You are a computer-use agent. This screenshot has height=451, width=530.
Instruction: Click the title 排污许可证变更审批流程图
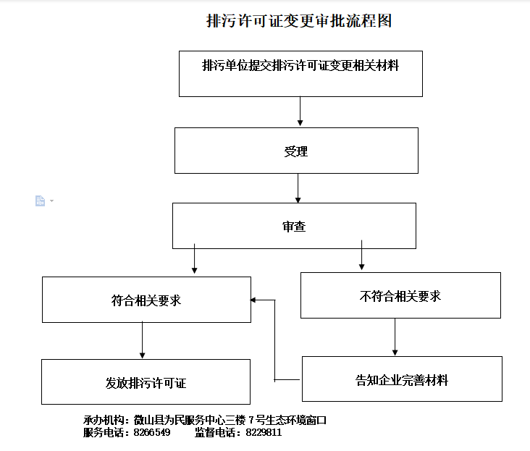[x=299, y=21]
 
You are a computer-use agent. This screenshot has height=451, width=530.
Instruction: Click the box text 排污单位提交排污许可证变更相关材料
[x=300, y=66]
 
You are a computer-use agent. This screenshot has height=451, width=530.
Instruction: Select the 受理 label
[x=296, y=151]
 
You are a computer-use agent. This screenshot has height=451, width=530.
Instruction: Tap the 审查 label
[x=294, y=227]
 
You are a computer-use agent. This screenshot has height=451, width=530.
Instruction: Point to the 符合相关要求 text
[x=146, y=300]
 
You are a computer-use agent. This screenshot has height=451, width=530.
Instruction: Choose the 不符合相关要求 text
[x=400, y=296]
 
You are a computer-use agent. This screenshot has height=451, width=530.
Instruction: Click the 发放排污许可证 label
[x=146, y=383]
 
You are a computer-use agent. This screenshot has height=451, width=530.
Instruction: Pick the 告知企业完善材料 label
[x=402, y=380]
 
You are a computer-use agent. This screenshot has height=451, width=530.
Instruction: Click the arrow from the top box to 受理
[x=300, y=111]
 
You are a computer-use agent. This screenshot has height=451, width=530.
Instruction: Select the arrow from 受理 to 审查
[x=298, y=188]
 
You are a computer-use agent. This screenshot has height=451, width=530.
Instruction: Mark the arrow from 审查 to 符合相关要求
[x=194, y=258]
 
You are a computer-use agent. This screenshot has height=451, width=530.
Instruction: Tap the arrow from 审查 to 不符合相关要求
[x=362, y=255]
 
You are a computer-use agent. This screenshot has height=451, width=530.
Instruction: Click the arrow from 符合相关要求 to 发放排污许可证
[x=143, y=340]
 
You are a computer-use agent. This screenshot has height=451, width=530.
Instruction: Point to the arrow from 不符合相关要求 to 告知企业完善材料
[x=395, y=337]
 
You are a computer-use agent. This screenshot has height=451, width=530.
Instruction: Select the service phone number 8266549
[x=152, y=432]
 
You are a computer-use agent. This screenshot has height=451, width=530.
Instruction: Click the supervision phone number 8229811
[x=264, y=432]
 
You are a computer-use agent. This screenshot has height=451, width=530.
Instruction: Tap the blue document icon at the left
[x=41, y=201]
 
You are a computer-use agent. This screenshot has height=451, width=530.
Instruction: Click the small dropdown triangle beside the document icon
[x=51, y=201]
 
